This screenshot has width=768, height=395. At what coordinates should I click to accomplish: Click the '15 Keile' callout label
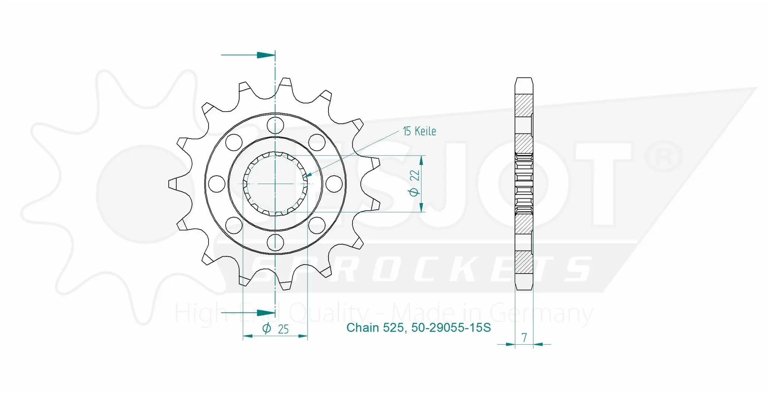[419, 131]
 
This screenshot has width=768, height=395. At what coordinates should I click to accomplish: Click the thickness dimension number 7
[524, 338]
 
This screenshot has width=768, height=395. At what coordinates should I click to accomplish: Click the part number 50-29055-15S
[451, 328]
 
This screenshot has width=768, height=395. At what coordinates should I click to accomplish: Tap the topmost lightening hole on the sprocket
[275, 125]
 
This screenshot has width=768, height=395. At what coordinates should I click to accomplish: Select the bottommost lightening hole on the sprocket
[275, 242]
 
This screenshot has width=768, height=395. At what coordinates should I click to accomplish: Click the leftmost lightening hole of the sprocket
[216, 184]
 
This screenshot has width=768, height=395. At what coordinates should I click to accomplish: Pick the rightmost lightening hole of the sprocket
[334, 184]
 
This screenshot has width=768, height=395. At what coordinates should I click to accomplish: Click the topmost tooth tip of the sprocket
[286, 81]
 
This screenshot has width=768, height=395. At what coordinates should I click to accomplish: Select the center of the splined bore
[275, 184]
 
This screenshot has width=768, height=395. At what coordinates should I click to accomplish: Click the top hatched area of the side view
[524, 105]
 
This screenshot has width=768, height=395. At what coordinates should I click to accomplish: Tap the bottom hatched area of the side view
[524, 262]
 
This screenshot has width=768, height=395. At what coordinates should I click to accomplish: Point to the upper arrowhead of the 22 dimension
[421, 160]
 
